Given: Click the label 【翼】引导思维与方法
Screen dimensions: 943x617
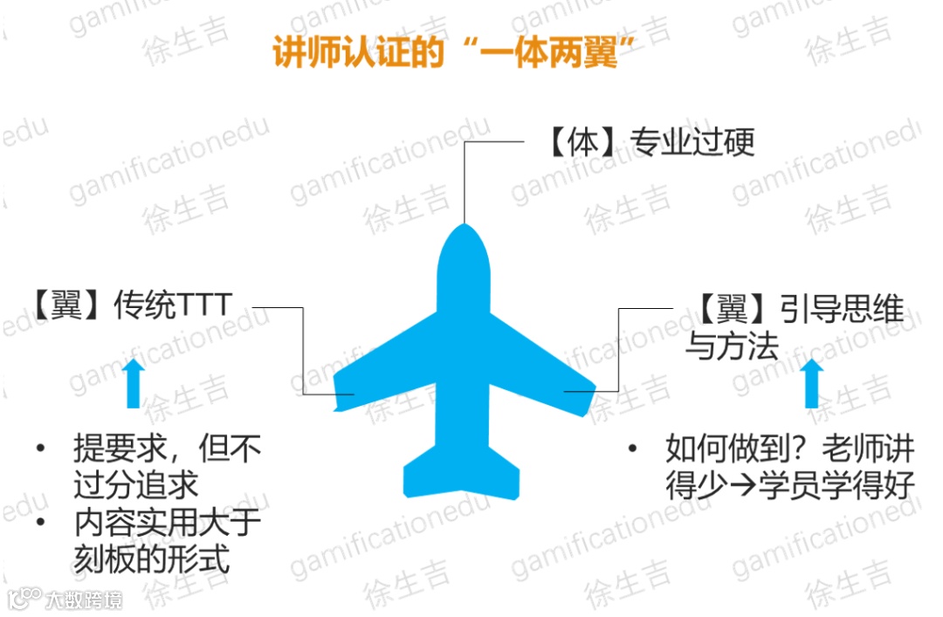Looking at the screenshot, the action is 790,328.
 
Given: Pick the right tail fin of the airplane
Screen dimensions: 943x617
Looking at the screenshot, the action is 501,471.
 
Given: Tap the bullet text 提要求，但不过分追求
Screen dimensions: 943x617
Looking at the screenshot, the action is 166,467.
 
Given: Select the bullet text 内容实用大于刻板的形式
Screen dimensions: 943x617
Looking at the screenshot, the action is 166,541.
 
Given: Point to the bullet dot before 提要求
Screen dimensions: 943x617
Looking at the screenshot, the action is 39,450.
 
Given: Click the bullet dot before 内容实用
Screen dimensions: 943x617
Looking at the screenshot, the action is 39,524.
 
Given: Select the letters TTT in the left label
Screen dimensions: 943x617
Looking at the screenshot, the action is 204,305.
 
